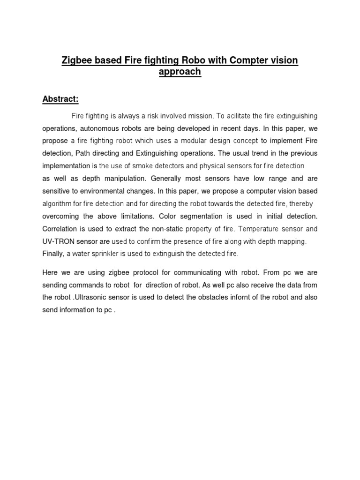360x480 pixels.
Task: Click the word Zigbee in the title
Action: click(x=75, y=60)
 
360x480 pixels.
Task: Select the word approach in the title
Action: click(x=180, y=72)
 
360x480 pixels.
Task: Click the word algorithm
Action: click(x=57, y=204)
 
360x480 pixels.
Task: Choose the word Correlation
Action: click(x=60, y=229)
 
